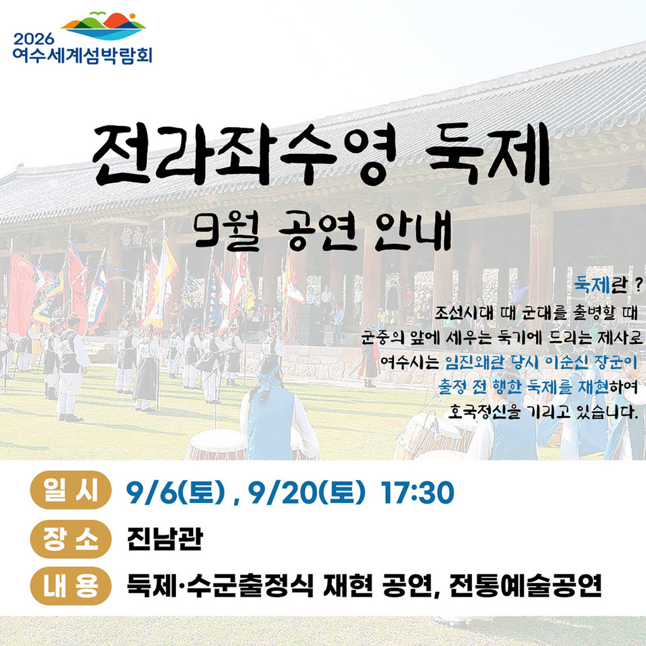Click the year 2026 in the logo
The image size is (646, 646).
coord(32,36)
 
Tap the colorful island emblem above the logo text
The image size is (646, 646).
coord(103,25)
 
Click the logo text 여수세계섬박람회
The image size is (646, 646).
coord(82,54)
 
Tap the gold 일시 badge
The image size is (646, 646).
coord(70,491)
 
